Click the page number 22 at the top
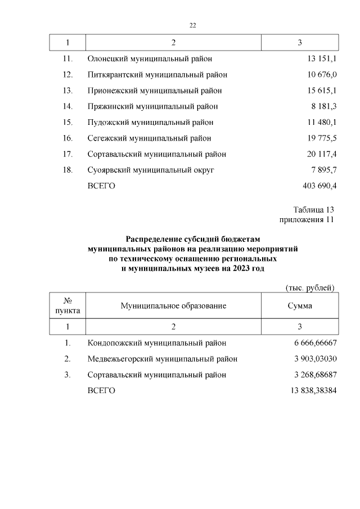[192, 25]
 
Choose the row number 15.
[67, 122]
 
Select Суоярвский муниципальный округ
[151, 170]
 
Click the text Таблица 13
[313, 210]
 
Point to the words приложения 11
[307, 219]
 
